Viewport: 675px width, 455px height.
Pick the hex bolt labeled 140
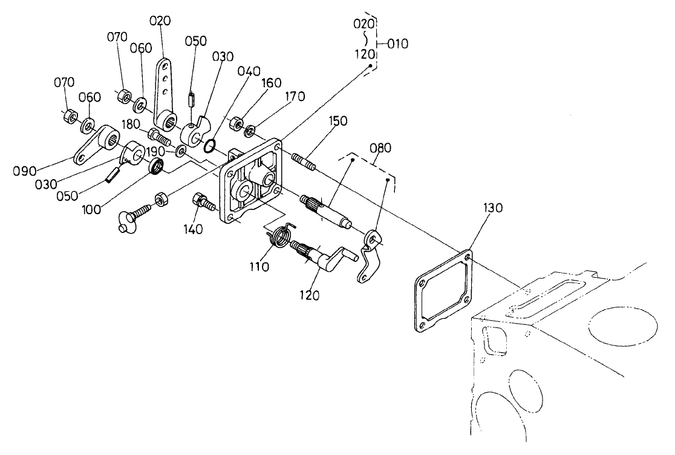click(204, 202)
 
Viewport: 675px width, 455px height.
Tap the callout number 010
click(397, 44)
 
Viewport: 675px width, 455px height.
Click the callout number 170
click(295, 96)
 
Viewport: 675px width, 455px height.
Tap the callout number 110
click(261, 267)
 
